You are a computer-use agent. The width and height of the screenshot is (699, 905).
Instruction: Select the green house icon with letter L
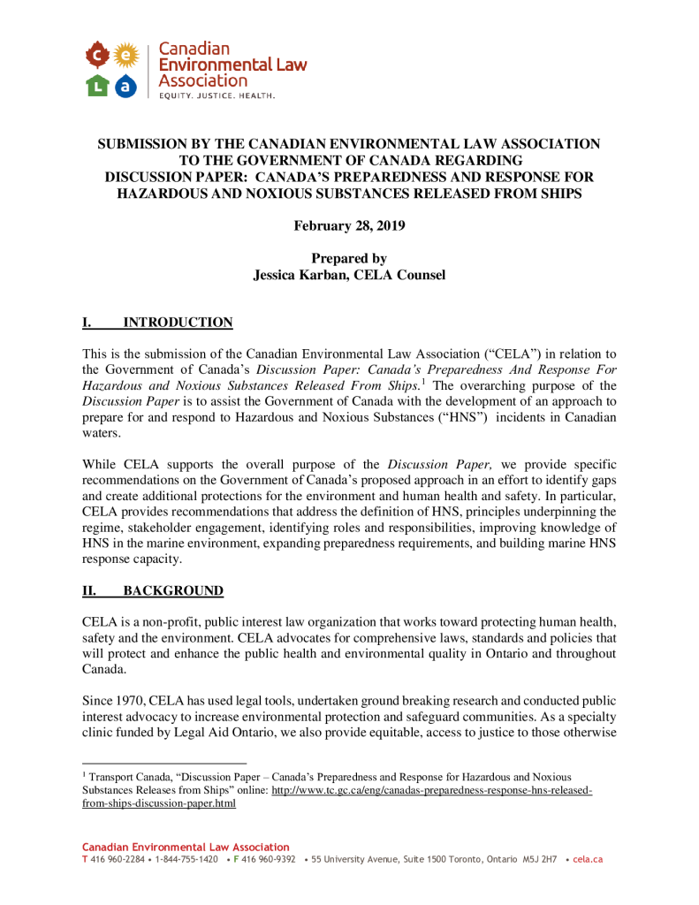[96, 86]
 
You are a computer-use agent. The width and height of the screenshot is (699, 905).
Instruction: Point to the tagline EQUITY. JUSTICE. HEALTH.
[217, 95]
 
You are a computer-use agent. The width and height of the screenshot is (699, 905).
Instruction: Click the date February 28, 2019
[349, 226]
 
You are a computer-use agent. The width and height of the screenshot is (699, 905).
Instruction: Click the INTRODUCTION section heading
[178, 323]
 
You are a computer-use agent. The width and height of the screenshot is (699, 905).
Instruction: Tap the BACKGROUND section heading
[173, 590]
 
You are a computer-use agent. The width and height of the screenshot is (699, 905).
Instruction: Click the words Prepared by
[349, 259]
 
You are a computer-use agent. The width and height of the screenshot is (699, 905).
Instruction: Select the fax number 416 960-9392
[269, 859]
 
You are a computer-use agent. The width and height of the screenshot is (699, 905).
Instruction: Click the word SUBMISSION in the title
[142, 144]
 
